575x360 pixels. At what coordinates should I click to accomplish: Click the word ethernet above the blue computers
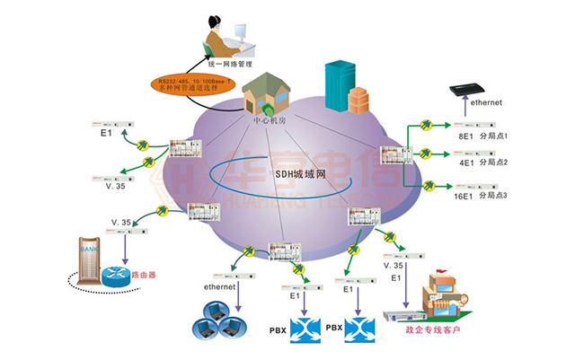(219, 287)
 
